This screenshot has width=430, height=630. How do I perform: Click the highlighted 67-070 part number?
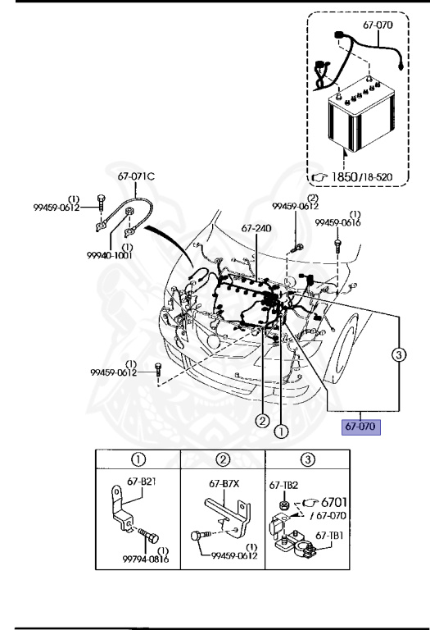360,427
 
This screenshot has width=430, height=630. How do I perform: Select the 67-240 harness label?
256,228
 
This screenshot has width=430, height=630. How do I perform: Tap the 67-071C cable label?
136,176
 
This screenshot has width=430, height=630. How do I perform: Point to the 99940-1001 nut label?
110,255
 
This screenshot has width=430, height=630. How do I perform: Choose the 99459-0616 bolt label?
337,222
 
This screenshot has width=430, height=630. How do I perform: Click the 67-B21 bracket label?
141,481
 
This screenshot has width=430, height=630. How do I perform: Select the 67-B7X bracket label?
224,483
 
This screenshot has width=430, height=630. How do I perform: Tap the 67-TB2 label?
283,486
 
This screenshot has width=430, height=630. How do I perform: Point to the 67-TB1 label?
329,535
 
